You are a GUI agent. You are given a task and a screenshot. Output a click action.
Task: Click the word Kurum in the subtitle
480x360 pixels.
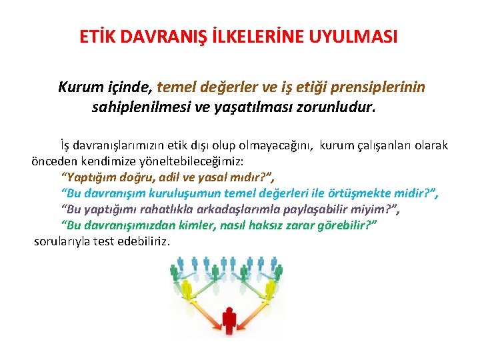79,87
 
